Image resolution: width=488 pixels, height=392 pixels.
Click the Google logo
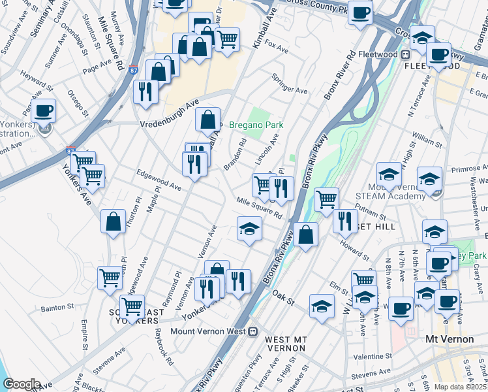click(x=22, y=384)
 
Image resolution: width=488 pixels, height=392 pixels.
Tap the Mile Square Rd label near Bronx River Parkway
click(x=259, y=208)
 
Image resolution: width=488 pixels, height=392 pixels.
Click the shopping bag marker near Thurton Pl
click(x=113, y=221)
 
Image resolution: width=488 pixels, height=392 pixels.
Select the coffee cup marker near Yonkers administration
click(x=44, y=110)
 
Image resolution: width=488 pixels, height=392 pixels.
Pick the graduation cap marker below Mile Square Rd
click(x=249, y=229)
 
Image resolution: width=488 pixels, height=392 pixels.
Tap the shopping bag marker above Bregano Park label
click(x=207, y=120)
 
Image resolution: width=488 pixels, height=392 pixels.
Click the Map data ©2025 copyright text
click(x=461, y=387)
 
